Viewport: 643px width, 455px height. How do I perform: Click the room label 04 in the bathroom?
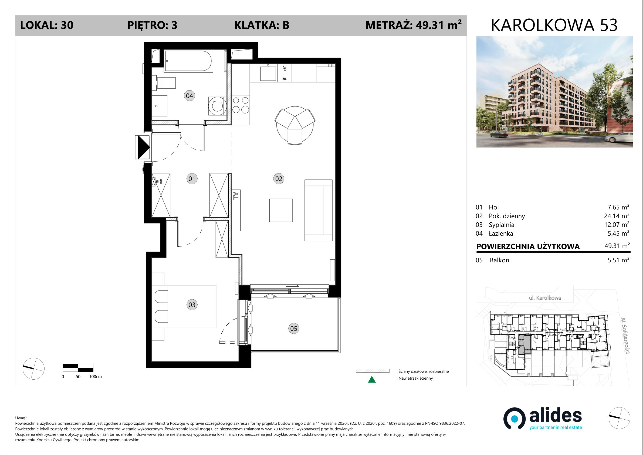pos(189,96)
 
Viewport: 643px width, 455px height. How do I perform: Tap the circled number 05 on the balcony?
pos(293,329)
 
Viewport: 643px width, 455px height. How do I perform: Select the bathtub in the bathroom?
pos(188,61)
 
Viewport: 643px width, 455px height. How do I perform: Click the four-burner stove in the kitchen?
pos(241,105)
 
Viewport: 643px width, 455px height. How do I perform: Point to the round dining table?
pos(295,125)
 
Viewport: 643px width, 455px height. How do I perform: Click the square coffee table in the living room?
pos(281,210)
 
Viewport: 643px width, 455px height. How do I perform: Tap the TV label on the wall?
pos(236,195)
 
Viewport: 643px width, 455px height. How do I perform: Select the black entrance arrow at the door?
pos(143,147)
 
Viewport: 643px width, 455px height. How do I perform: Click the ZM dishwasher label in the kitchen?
pos(284,79)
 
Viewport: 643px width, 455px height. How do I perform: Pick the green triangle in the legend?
pos(372,380)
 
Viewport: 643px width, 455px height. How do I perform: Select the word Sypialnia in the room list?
pos(501,225)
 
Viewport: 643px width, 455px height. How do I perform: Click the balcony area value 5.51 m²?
pos(618,260)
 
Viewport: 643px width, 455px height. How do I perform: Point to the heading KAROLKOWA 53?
pos(554,25)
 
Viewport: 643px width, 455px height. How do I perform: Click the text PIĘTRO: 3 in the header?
pos(152,25)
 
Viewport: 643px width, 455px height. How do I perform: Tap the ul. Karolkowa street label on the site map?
pos(545,298)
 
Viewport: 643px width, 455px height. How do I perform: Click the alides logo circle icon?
pos(514,419)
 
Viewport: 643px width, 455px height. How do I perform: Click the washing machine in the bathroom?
pos(217,106)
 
